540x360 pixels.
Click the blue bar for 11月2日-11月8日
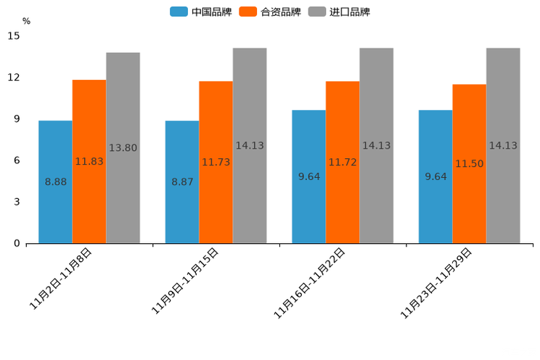point(55,181)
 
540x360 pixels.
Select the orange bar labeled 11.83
point(89,161)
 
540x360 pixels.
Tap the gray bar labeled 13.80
point(123,147)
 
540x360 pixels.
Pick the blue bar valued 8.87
point(182,181)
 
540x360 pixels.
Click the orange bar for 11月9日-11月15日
point(216,162)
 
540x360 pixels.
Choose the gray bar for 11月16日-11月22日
point(376,145)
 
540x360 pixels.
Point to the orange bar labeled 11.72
point(343,162)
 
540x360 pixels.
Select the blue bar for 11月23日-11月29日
point(435,176)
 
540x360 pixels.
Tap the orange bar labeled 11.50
point(469,163)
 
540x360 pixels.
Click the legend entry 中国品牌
point(201,12)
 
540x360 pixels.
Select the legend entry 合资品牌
point(270,12)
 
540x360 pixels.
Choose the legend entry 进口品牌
point(339,12)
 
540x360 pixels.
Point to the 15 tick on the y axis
point(14,36)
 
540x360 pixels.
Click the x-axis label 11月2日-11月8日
point(61,279)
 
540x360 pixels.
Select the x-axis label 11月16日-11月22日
point(310,283)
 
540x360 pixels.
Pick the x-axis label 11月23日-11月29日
point(437,283)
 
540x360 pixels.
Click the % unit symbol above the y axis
point(26,21)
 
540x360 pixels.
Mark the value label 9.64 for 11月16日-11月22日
point(308,176)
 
